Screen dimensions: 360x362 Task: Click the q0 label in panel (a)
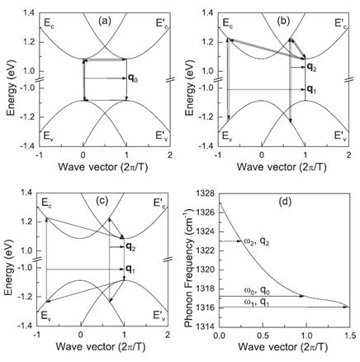[x=133, y=79]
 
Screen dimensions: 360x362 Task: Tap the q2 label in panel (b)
[x=311, y=67]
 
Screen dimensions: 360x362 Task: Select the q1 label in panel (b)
[x=311, y=89]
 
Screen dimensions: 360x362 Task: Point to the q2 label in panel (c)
[x=130, y=247]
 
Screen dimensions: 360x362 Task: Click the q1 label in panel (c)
[x=130, y=269]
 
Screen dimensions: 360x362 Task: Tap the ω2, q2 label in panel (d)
[x=257, y=242]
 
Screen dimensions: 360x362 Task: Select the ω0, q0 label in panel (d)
[x=257, y=290]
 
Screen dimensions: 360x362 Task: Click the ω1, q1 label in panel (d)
[x=257, y=302]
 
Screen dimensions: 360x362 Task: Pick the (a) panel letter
[x=105, y=21]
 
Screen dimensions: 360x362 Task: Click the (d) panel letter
[x=285, y=202]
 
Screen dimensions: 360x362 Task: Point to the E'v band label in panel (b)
[x=340, y=136]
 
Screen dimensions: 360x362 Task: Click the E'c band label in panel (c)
[x=159, y=203]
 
